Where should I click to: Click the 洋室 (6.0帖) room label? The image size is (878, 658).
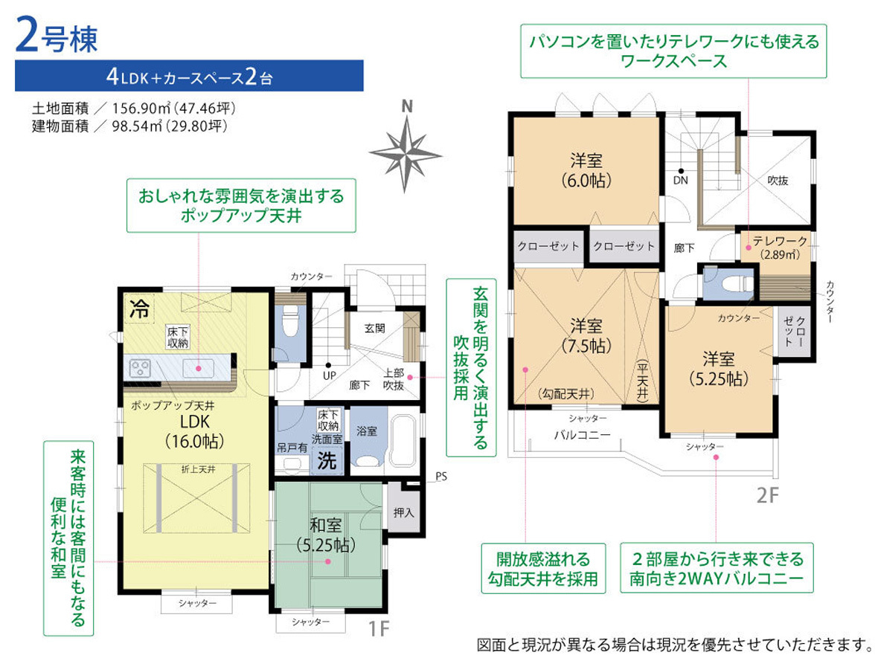point(586,170)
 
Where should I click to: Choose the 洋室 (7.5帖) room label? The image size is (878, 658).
point(586,335)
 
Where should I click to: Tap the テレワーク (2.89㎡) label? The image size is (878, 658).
point(779,247)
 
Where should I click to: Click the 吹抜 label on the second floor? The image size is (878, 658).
point(777,180)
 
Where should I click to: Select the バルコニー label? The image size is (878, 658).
point(581,434)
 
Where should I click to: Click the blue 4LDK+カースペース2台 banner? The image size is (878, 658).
point(189,76)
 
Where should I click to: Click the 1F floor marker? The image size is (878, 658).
point(379,628)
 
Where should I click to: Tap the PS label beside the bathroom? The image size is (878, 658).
point(440,476)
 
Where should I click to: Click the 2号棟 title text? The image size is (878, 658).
point(57,39)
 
